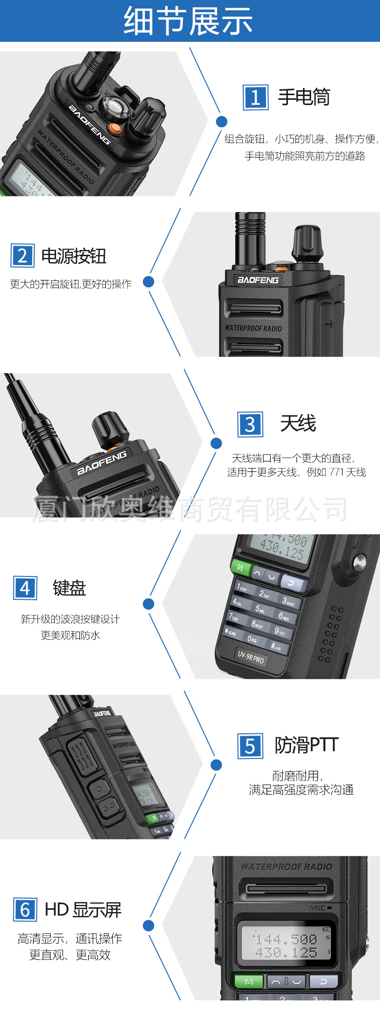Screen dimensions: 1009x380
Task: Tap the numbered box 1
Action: (255, 97)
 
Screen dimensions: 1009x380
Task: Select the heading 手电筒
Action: (304, 97)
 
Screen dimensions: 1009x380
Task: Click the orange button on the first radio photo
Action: (114, 128)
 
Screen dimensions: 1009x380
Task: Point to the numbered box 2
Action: (22, 256)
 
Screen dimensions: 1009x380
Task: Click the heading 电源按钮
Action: (74, 256)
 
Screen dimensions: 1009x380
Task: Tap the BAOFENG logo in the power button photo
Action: (258, 280)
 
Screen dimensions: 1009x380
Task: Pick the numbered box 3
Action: (250, 424)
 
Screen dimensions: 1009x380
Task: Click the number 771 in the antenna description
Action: (336, 472)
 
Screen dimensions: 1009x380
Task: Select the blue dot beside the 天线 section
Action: (216, 443)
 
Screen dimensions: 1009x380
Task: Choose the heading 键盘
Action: (69, 588)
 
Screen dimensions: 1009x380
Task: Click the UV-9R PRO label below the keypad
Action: (251, 657)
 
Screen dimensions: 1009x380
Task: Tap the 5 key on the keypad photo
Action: (259, 609)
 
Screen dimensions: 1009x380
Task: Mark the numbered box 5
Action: (250, 746)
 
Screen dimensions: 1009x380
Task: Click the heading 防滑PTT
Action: (306, 745)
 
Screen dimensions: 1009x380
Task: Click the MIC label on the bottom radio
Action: (318, 908)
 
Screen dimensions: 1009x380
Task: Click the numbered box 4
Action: (25, 588)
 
